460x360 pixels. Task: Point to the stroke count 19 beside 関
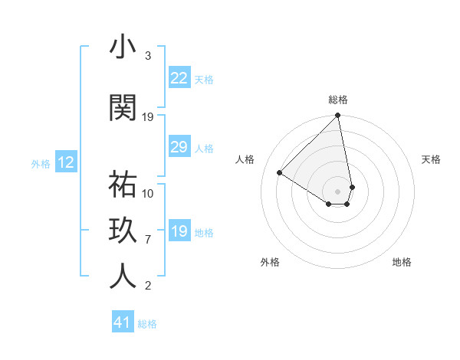tap(149, 117)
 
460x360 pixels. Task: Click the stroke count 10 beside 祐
tap(149, 193)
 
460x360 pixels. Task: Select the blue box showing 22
tap(179, 78)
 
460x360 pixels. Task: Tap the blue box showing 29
tap(179, 147)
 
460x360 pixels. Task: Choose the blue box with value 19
tap(179, 231)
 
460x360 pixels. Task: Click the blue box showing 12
tap(66, 162)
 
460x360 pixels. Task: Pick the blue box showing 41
tap(123, 322)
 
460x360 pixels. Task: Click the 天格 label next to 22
tap(204, 79)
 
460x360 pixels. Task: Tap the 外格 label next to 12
tap(41, 163)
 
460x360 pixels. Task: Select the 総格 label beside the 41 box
tap(147, 324)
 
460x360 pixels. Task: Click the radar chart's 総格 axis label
tap(338, 100)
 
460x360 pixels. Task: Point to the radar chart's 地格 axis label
tap(402, 262)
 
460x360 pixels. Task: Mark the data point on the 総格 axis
tap(338, 116)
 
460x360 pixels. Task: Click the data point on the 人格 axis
tap(280, 173)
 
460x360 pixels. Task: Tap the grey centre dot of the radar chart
tap(338, 191)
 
